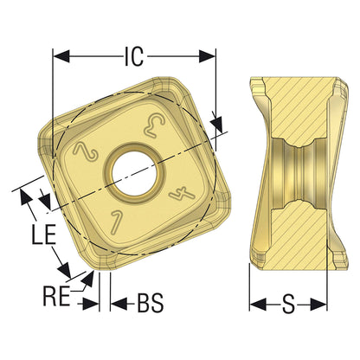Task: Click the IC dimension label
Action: point(134,56)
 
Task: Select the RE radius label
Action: point(56,295)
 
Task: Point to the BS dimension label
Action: point(151,303)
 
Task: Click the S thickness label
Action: point(288,304)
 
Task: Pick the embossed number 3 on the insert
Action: point(154,125)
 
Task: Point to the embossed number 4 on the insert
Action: point(182,195)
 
